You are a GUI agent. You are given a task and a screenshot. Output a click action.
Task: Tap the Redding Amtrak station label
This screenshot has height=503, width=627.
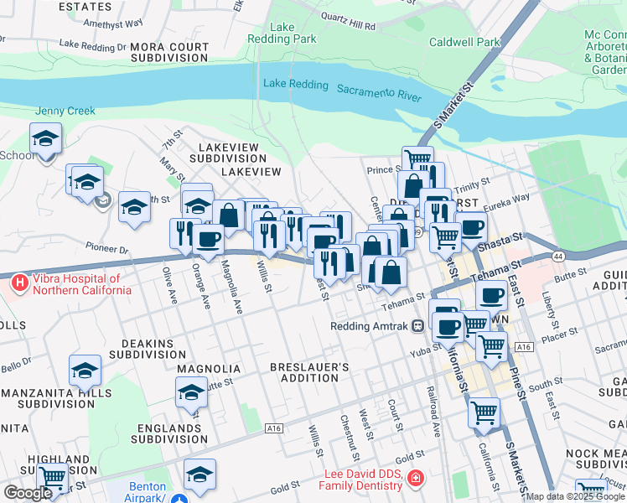pyautogui.click(x=369, y=327)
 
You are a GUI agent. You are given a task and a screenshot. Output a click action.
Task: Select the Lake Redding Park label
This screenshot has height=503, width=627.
pyautogui.click(x=282, y=33)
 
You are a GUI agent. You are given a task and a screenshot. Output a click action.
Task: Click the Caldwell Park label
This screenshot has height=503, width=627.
pyautogui.click(x=464, y=42)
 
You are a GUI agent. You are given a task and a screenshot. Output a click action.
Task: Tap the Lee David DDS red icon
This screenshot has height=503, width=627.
pyautogui.click(x=414, y=479)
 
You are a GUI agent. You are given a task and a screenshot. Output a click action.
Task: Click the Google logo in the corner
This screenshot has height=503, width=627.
pyautogui.click(x=27, y=493)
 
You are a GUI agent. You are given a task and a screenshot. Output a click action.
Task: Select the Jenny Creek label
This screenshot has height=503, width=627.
pyautogui.click(x=65, y=111)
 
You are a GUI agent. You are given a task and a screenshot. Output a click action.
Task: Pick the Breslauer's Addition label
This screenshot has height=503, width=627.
pyautogui.click(x=309, y=372)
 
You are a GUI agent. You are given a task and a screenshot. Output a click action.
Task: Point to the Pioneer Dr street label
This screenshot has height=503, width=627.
pyautogui.click(x=106, y=249)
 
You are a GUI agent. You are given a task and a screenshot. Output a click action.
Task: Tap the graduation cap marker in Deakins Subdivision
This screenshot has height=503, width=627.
pyautogui.click(x=85, y=371)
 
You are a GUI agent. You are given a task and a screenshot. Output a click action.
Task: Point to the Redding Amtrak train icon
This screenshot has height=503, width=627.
pyautogui.click(x=417, y=327)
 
